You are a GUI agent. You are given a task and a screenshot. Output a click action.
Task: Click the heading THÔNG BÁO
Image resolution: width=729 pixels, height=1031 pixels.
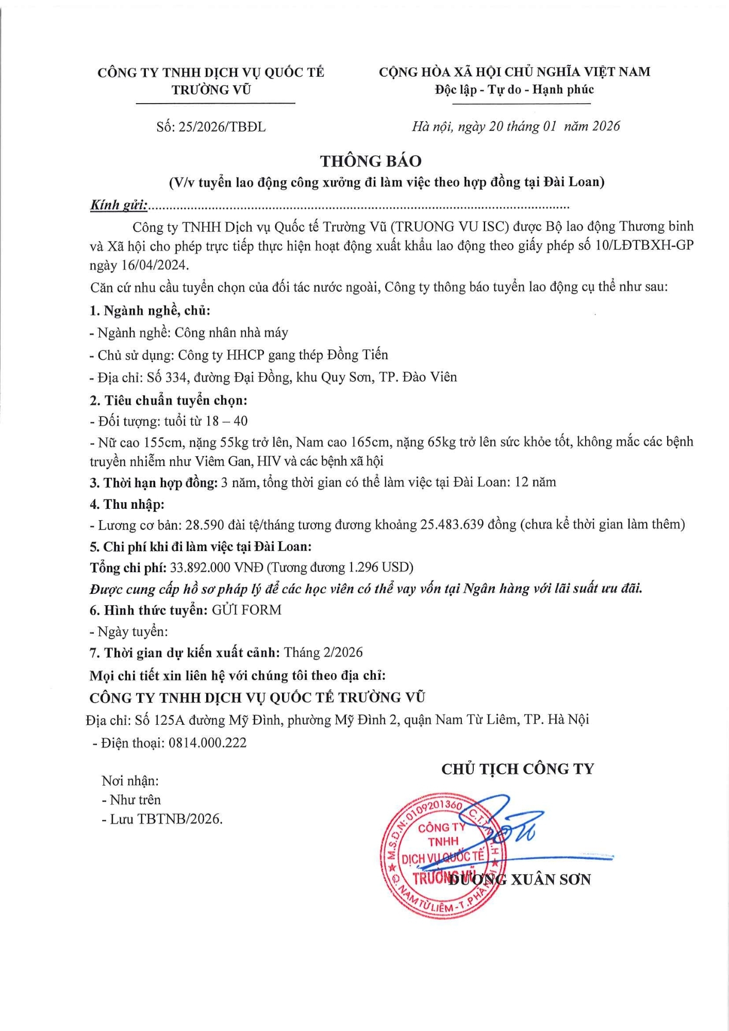click(371, 161)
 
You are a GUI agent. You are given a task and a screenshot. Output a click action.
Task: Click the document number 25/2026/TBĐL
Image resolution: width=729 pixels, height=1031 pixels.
click(222, 127)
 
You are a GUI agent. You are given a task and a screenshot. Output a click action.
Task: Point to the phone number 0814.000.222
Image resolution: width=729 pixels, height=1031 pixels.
click(207, 743)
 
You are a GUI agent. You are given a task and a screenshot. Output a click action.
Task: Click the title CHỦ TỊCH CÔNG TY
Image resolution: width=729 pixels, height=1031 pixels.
click(518, 769)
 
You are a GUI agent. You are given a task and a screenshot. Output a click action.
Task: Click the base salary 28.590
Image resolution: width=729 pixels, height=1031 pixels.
click(205, 525)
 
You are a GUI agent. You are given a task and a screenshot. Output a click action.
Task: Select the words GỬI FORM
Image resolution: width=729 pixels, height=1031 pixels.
click(247, 610)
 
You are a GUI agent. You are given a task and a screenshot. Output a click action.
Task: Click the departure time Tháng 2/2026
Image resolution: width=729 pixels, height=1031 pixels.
click(323, 653)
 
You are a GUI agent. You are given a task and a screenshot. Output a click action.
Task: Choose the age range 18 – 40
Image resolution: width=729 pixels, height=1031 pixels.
click(226, 421)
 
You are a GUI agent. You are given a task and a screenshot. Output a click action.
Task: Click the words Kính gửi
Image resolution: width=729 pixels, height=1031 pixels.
click(119, 205)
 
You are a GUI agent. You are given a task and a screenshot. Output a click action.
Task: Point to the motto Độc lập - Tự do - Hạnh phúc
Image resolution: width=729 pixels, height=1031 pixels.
click(514, 90)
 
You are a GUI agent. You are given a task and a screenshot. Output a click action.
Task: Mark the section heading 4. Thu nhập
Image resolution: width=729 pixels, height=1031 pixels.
click(127, 504)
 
